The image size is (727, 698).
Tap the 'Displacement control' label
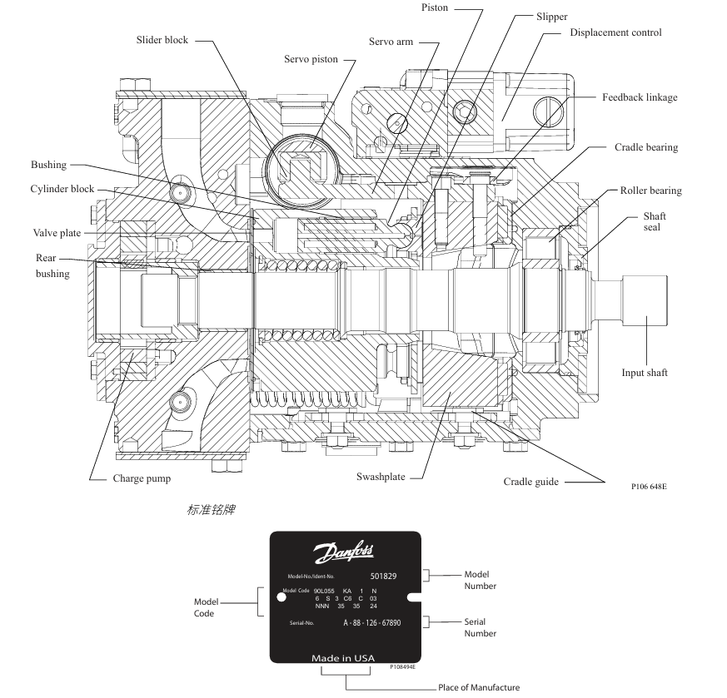tap(615, 32)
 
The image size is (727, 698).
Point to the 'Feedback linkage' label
tap(640, 97)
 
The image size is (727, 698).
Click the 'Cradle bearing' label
tap(646, 147)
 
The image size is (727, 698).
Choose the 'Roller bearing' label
tap(650, 191)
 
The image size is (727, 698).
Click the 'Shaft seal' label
tap(655, 221)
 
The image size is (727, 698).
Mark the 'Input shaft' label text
tap(645, 373)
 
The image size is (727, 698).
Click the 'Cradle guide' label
tap(530, 482)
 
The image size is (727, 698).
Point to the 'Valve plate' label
tap(57, 234)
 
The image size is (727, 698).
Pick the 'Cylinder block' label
tap(62, 189)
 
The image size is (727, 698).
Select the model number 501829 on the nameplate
tap(384, 575)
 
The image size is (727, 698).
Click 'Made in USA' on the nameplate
tap(343, 657)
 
